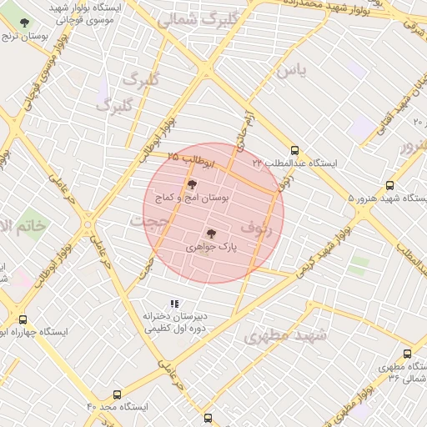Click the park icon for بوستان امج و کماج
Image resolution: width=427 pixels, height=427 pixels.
192,184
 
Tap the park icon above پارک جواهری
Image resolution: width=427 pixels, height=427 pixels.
211,234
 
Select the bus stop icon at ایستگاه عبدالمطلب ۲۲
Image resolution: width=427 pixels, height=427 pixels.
294,150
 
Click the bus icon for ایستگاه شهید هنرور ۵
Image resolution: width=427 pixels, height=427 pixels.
389,186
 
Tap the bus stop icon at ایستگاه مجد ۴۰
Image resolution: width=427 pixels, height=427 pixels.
116,394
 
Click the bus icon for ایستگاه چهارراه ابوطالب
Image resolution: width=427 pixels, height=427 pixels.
22,319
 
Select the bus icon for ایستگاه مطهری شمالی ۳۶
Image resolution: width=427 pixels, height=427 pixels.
407,354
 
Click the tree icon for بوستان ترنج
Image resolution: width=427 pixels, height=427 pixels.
23,23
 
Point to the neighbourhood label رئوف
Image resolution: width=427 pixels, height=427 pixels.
256,226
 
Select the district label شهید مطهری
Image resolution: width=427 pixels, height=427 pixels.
287,336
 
